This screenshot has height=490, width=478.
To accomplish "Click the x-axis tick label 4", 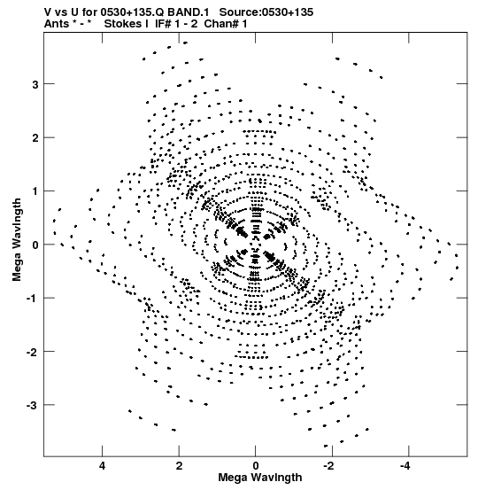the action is [102, 466].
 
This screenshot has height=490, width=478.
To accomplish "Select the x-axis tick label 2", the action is [179, 466].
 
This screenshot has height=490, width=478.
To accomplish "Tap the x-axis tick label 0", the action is [256, 466].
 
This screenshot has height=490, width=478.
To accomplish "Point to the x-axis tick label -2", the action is [328, 466].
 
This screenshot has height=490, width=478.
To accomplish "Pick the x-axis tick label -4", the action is [405, 466].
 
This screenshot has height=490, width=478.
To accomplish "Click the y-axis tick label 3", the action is [35, 84].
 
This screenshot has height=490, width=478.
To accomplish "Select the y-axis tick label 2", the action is [35, 138].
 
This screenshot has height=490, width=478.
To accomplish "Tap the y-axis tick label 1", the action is [35, 191].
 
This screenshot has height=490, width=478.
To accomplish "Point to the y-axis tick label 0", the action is [35, 245].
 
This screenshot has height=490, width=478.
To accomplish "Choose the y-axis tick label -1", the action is [32, 299].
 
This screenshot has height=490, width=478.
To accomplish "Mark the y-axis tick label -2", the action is [32, 352].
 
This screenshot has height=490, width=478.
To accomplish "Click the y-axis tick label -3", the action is [32, 405].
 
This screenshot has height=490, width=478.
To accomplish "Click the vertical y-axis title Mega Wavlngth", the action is [17, 239].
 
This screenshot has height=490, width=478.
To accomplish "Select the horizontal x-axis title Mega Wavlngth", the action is [260, 478].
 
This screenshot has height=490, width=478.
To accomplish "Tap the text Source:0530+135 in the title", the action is [266, 12].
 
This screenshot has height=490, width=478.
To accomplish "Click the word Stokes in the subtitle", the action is [123, 24].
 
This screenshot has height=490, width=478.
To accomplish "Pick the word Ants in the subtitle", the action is [57, 24].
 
